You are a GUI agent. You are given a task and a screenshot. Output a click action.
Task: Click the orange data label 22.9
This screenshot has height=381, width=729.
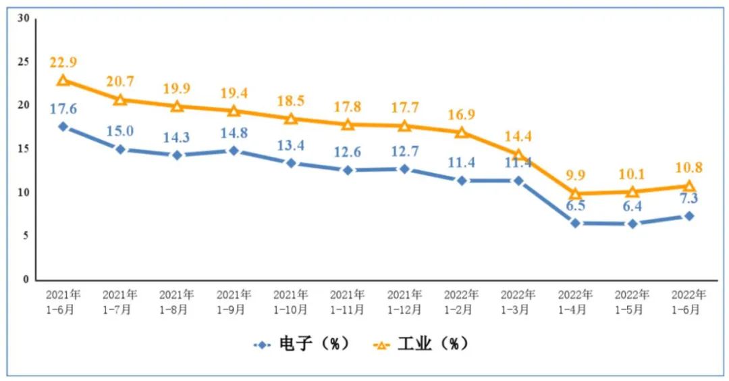(63, 62)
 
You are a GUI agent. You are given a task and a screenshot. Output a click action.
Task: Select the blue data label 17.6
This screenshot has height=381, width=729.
(63, 109)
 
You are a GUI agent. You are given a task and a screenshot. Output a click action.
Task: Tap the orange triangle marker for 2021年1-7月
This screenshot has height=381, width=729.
(120, 99)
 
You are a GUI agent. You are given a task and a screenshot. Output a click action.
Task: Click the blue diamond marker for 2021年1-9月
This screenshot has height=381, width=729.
(234, 151)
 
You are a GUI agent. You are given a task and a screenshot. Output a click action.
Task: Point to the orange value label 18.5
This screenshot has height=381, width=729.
(291, 101)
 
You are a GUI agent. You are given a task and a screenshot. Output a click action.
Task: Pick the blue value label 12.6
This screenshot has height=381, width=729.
(348, 153)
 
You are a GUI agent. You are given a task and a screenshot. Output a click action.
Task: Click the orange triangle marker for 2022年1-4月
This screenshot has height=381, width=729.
(575, 194)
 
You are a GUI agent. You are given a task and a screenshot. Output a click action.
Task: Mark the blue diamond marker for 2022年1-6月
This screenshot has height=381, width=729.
(689, 215)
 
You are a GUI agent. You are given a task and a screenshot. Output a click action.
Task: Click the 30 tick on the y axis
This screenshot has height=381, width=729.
(24, 18)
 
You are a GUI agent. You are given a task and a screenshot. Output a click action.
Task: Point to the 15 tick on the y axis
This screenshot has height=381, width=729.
(24, 149)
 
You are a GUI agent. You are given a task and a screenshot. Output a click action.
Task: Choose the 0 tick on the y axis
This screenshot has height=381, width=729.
(26, 279)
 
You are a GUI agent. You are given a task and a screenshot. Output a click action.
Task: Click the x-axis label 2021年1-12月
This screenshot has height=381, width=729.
(404, 302)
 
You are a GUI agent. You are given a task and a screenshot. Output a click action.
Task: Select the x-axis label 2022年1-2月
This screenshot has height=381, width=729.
(462, 302)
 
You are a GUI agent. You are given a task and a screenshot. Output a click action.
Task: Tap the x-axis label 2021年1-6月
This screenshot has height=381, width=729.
(63, 302)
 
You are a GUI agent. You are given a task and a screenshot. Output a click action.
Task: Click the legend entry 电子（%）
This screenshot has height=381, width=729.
(303, 344)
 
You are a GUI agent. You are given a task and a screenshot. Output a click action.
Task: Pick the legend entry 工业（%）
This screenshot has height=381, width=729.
(421, 344)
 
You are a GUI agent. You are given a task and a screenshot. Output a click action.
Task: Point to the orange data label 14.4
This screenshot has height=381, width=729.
(518, 136)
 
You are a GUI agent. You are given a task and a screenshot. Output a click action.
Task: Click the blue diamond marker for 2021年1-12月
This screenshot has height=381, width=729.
(404, 169)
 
